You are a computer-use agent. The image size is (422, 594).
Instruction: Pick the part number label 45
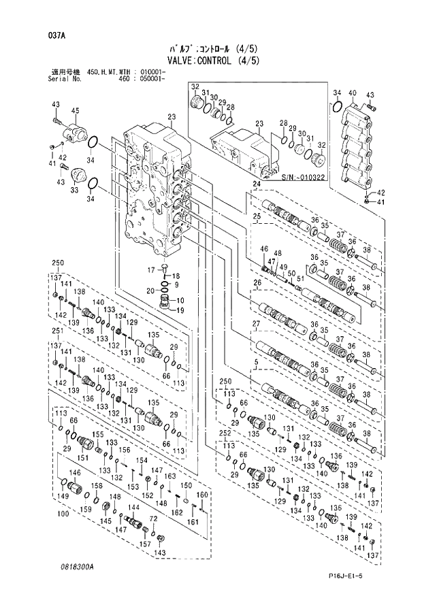pos(76,111)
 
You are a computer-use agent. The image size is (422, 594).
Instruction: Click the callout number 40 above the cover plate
pos(353,93)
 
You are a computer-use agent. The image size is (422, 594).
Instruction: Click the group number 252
pos(225,433)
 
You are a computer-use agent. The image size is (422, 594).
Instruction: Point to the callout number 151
pos(84,458)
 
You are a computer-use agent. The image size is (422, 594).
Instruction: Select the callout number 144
pos(135,508)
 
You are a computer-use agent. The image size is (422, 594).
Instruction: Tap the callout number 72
pos(153,519)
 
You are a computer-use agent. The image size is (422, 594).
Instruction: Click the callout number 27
pos(257,323)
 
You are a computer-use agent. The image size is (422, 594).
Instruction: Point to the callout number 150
pos(184,484)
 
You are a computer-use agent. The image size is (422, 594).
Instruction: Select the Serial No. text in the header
pos(67,79)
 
